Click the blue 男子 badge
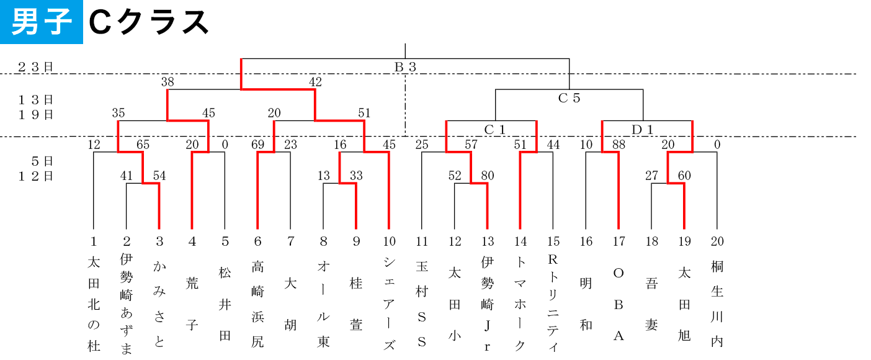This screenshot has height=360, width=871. [x=41, y=22]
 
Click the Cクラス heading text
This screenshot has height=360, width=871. [x=149, y=22]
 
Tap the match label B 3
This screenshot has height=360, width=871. [x=405, y=67]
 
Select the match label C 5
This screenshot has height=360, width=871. [x=569, y=97]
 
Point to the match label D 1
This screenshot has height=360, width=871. [x=642, y=129]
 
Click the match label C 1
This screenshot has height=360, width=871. [x=494, y=129]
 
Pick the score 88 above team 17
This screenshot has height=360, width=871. [x=619, y=145]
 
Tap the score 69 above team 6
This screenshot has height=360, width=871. [x=257, y=145]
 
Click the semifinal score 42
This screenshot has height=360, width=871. [x=315, y=82]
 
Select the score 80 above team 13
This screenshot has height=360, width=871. [x=488, y=176]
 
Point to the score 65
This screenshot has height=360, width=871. [x=143, y=145]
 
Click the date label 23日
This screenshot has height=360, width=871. [x=35, y=67]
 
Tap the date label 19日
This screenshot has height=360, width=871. [x=35, y=114]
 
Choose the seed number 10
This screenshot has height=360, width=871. [x=389, y=241]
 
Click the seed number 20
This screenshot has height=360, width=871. [x=717, y=241]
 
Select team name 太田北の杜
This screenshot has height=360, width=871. [x=94, y=304]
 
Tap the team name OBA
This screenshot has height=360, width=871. [x=619, y=304]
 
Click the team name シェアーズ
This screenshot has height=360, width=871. [x=389, y=304]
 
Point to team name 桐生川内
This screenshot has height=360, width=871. [x=717, y=304]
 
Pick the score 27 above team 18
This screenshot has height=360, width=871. [x=651, y=176]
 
